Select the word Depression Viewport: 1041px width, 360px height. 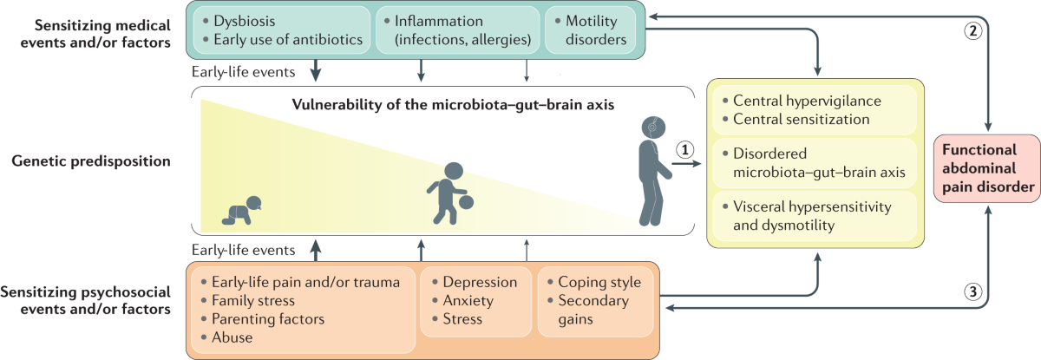tap(480, 283)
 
